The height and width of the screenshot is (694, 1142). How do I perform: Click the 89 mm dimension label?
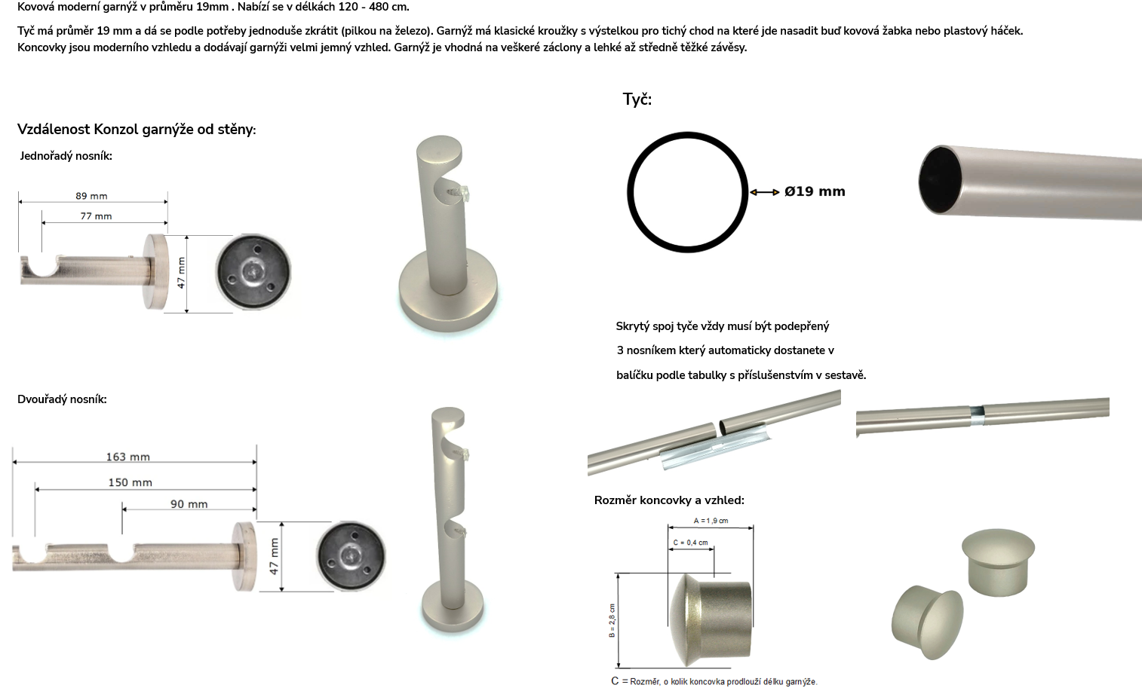coord(91,196)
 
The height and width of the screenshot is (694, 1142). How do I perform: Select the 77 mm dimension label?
coord(96,216)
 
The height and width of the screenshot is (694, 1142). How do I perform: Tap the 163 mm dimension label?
coord(128,457)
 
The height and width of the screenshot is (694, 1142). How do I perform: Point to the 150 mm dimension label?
coord(130,483)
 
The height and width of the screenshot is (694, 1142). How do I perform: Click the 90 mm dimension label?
coord(189,504)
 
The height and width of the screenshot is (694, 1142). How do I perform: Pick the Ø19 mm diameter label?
coord(815,191)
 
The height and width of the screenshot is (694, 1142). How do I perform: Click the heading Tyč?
coord(637,99)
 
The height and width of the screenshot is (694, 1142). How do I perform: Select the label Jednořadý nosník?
coord(66,156)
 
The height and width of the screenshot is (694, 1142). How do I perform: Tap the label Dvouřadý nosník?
coord(62,399)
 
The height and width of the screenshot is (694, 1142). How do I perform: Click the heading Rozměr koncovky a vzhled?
coord(669,500)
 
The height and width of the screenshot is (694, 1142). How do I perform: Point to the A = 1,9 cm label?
coord(711,521)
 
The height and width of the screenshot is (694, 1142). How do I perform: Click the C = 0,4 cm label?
coord(690,543)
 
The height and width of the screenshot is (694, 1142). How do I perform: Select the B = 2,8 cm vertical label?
coord(612,621)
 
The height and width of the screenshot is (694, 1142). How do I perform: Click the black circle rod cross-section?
coord(628,192)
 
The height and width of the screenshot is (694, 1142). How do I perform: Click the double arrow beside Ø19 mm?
coord(765,192)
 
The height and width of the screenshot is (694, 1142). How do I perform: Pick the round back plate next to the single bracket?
coord(253,271)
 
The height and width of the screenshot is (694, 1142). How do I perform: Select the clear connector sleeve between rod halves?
coord(717,445)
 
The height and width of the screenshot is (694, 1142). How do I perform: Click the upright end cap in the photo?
coord(998,562)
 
